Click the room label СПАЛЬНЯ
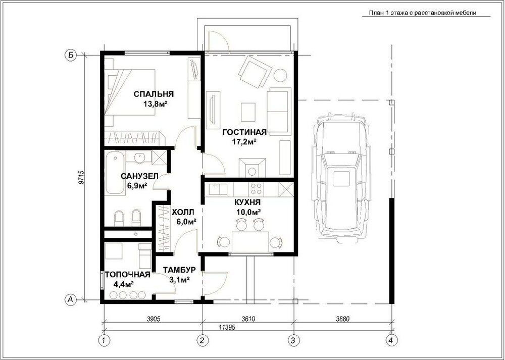154,94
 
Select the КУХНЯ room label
247,202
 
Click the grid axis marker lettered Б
71,55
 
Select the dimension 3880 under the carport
342,319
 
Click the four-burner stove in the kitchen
257,189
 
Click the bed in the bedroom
129,93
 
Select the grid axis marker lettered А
71,299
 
